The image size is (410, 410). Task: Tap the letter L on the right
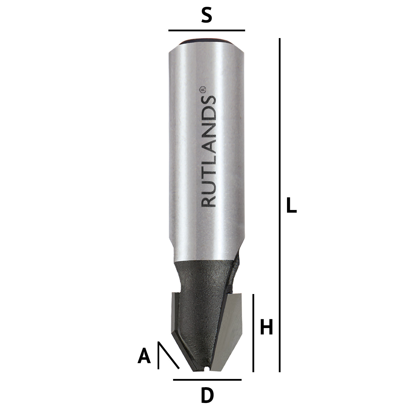point(291,205)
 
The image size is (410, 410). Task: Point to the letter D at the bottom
point(207,395)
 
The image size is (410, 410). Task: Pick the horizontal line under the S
point(206,30)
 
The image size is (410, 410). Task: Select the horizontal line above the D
point(207,380)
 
